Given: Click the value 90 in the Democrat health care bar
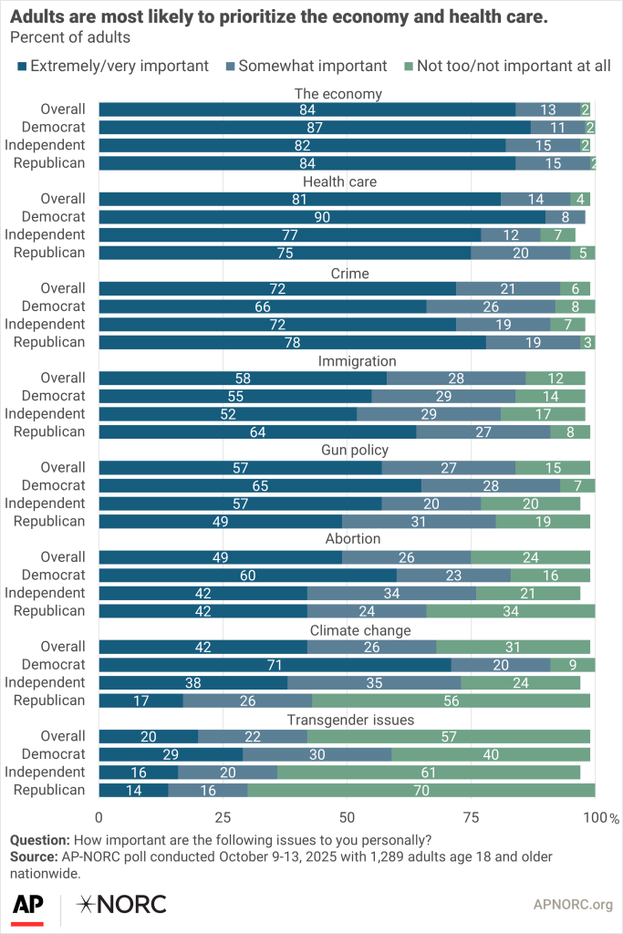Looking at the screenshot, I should click(x=322, y=217).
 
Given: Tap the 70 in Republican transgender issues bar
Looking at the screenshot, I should click(x=421, y=790).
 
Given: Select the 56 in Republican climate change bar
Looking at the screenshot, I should click(x=451, y=700).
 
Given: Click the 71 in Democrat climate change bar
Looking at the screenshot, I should click(x=275, y=665).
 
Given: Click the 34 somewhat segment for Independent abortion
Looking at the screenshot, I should click(x=391, y=593).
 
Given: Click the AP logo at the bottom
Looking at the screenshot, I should click(x=28, y=905).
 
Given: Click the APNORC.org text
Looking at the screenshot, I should click(x=572, y=905).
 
